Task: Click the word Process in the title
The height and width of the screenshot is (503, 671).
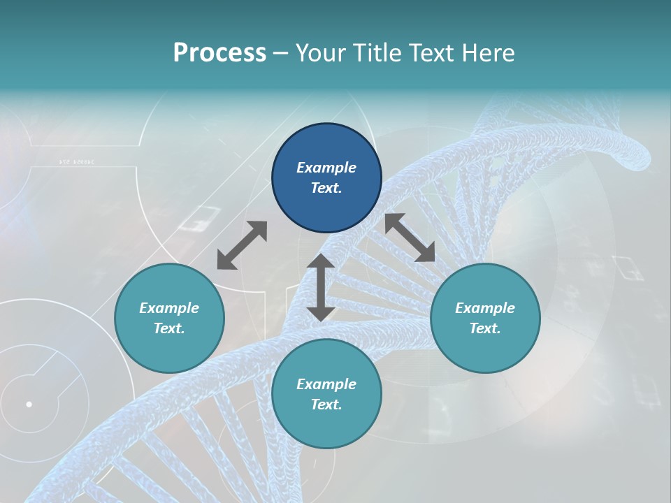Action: pyautogui.click(x=219, y=53)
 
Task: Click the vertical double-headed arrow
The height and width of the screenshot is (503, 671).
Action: pyautogui.click(x=321, y=287)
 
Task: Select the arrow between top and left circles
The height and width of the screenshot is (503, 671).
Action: pyautogui.click(x=242, y=245)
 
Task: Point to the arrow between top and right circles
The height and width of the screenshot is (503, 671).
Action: pyautogui.click(x=410, y=238)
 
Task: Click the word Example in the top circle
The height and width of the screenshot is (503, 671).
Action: pyautogui.click(x=326, y=168)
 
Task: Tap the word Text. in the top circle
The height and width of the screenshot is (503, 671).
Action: pyautogui.click(x=326, y=188)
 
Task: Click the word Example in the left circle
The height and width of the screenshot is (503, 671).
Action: pyautogui.click(x=169, y=308)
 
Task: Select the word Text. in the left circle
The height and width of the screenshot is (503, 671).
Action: pyautogui.click(x=169, y=328)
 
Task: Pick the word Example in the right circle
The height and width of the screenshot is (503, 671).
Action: pyautogui.click(x=485, y=308)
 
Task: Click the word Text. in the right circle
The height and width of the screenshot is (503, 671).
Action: pyautogui.click(x=485, y=328)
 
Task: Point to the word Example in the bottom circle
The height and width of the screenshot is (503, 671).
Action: pyautogui.click(x=326, y=384)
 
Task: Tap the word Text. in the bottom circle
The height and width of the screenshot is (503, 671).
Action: pyautogui.click(x=326, y=404)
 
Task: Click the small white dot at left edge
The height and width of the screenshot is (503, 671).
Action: pyautogui.click(x=29, y=404)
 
